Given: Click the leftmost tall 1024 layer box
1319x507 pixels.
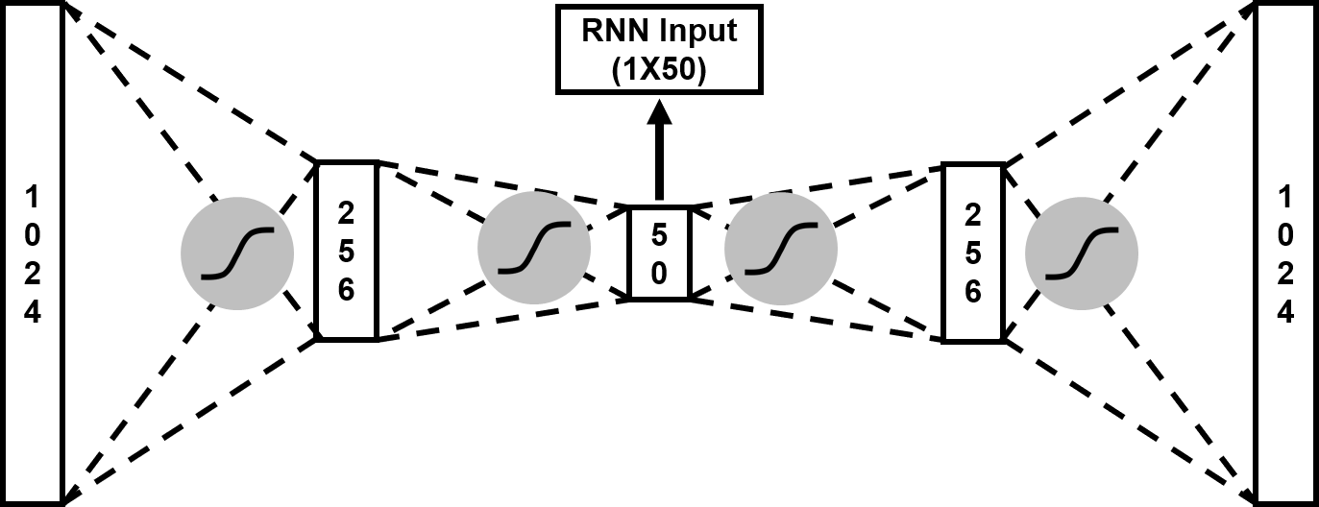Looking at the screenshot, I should pyautogui.click(x=33, y=253).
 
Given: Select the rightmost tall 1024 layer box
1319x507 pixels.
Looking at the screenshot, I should pyautogui.click(x=1285, y=253).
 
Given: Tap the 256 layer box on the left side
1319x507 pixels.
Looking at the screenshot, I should pyautogui.click(x=346, y=250).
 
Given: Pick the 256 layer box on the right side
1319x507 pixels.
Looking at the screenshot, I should pyautogui.click(x=972, y=252).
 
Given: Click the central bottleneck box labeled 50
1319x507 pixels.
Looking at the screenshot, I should pyautogui.click(x=659, y=253).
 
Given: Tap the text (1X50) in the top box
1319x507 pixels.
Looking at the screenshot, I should pyautogui.click(x=659, y=71).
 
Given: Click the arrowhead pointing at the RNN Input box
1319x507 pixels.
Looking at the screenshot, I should pyautogui.click(x=659, y=113).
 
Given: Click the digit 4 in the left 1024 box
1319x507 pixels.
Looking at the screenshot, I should pyautogui.click(x=33, y=313).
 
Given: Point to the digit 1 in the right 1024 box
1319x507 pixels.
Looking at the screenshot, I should pyautogui.click(x=1285, y=197).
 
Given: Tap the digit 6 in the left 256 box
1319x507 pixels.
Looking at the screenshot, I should pyautogui.click(x=346, y=288).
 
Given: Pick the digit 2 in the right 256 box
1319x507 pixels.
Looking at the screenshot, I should pyautogui.click(x=972, y=213).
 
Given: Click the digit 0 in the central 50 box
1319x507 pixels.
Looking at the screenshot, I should pyautogui.click(x=659, y=274).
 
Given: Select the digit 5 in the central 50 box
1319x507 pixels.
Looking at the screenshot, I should pyautogui.click(x=659, y=232).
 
